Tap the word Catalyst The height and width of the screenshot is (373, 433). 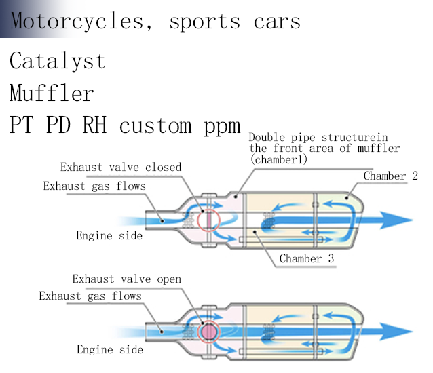tap(58, 61)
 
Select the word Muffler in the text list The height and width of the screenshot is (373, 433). tap(52, 93)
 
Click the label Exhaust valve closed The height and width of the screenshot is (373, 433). tap(121, 167)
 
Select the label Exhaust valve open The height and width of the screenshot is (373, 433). tap(127, 279)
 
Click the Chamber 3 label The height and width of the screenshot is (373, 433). tap(306, 258)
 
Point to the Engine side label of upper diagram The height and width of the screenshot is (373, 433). tap(109, 235)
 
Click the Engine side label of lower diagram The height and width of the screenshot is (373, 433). tap(110, 349)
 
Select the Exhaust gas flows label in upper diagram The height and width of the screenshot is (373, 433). tap(94, 186)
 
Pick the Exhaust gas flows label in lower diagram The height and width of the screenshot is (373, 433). tap(90, 296)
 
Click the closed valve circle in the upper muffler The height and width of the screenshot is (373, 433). tap(210, 220)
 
